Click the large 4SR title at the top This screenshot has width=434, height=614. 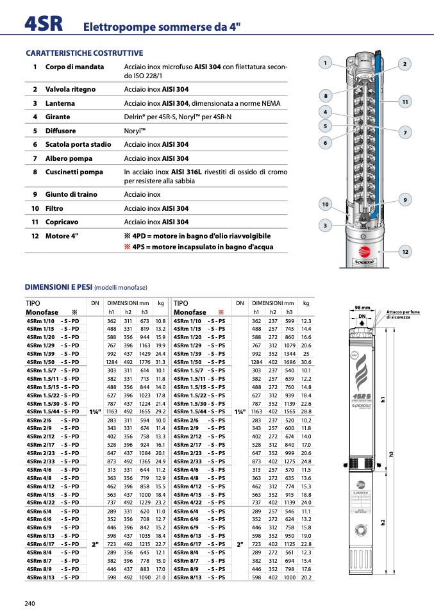[x=44, y=24]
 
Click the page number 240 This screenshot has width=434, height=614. [x=29, y=602]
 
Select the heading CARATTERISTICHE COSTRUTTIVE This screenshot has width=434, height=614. [x=84, y=53]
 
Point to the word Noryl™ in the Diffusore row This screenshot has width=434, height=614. [x=135, y=131]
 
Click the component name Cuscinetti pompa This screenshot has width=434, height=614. [x=74, y=172]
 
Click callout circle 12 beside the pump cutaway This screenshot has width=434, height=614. [x=405, y=252]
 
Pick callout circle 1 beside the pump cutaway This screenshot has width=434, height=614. [x=326, y=63]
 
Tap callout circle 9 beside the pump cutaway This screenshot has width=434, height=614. [x=405, y=200]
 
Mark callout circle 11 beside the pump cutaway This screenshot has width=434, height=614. [x=405, y=102]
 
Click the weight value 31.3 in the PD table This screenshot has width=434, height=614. [x=160, y=362]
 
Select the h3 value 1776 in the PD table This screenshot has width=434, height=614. [x=144, y=362]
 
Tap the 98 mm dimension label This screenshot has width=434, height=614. [x=362, y=309]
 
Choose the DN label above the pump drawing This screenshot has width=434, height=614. [x=362, y=316]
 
